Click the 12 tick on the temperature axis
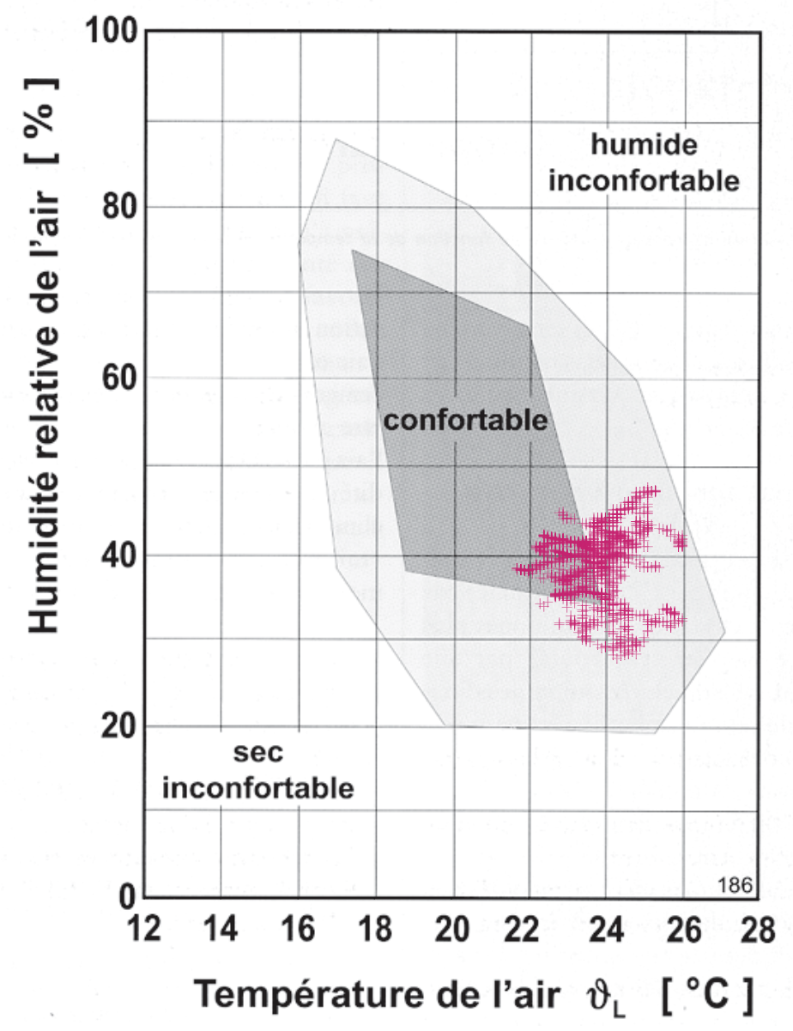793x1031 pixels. (x=143, y=931)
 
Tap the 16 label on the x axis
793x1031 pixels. (x=299, y=931)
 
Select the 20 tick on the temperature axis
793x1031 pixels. (x=455, y=931)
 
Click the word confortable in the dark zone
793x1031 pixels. (x=465, y=421)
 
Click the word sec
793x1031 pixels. (x=257, y=754)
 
